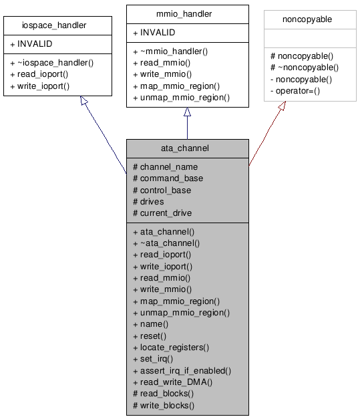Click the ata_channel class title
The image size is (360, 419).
coord(187,148)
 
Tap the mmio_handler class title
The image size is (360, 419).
coord(187,13)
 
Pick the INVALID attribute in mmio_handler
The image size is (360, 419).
coord(158,32)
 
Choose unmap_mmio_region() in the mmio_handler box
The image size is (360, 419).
coord(181,97)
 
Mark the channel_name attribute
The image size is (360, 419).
coord(165,166)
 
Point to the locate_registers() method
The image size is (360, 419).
coord(170,347)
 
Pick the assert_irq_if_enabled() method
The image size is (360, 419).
coord(182,370)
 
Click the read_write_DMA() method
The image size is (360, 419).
coord(172,382)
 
